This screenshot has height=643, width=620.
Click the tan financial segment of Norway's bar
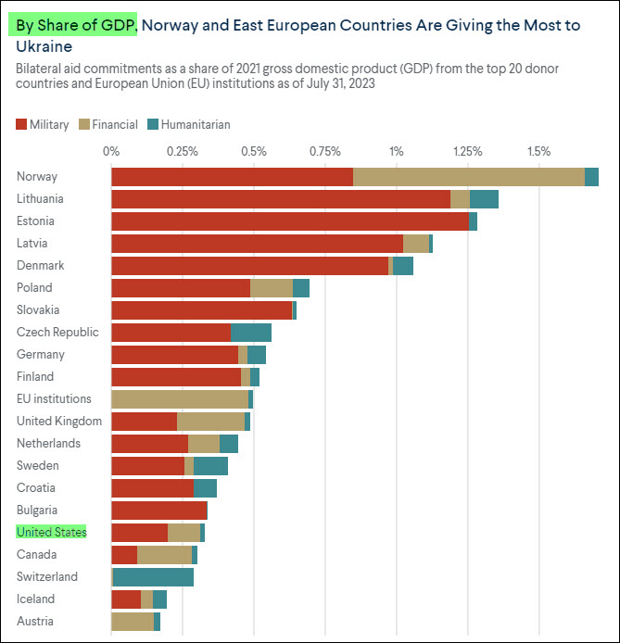tap(468, 177)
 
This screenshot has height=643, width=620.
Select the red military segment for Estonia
tap(289, 221)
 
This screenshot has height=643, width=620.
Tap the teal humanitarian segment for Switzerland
tap(153, 577)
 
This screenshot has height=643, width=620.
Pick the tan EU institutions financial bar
tap(180, 399)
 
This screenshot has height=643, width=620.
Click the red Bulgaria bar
tap(159, 511)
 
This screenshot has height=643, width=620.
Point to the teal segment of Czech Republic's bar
tap(251, 333)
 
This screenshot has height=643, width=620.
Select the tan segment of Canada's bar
tap(164, 555)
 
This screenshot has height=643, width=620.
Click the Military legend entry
tap(43, 124)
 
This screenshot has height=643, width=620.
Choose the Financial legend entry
tap(108, 124)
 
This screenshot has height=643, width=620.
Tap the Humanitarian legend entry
tap(189, 124)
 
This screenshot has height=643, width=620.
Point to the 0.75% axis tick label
tap(324, 151)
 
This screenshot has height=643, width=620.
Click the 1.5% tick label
tap(538, 151)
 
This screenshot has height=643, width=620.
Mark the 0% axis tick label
tap(111, 151)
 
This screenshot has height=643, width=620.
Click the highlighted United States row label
tap(52, 532)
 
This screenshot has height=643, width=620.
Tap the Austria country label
tap(35, 622)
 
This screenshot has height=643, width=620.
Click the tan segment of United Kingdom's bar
tap(210, 422)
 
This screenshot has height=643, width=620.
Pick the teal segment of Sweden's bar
tap(210, 466)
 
